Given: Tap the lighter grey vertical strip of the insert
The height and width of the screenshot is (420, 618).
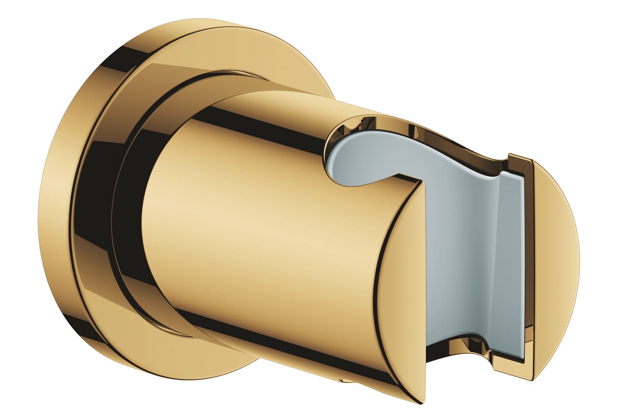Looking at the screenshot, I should tap(512, 261).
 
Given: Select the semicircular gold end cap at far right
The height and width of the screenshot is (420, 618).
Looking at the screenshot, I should tap(555, 261).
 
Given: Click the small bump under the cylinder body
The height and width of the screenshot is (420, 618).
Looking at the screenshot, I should tap(346, 381).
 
